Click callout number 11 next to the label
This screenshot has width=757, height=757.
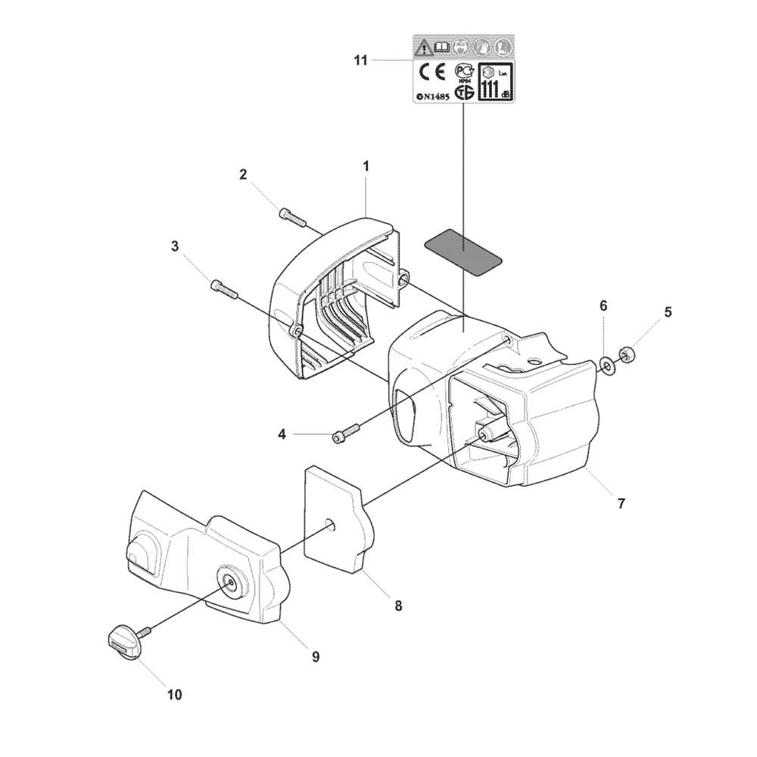click(x=360, y=61)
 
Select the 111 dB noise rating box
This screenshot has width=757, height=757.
click(x=495, y=82)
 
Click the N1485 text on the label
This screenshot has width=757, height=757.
click(x=433, y=97)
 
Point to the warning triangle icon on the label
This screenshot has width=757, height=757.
click(x=421, y=47)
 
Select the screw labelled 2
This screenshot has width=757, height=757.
click(x=292, y=217)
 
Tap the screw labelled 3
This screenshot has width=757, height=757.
click(x=223, y=288)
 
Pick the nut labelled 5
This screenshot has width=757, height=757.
click(x=627, y=354)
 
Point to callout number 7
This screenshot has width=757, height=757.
click(x=621, y=503)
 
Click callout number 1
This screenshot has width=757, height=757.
click(x=366, y=164)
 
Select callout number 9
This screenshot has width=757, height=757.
click(x=316, y=657)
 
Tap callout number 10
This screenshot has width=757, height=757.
click(x=174, y=694)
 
